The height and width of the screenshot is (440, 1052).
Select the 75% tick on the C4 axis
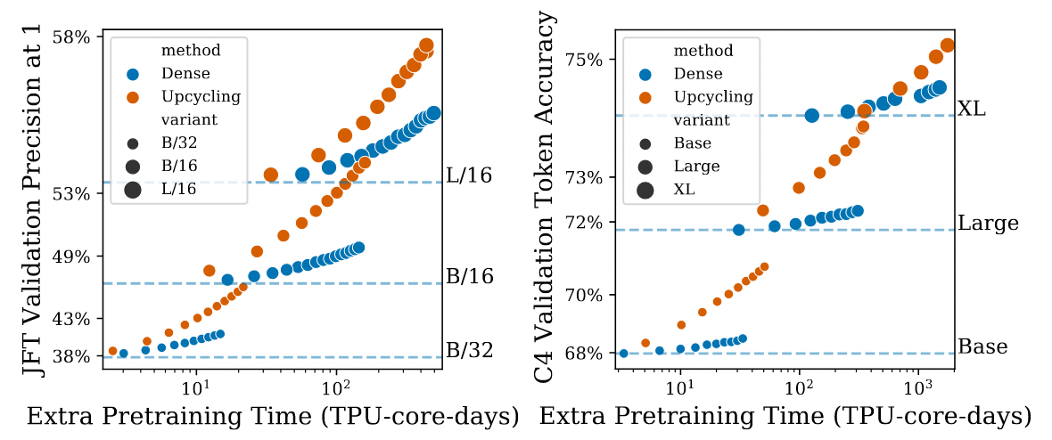(x=586, y=60)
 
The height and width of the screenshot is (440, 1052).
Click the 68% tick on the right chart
(x=586, y=354)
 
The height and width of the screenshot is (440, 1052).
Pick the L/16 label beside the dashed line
(x=468, y=176)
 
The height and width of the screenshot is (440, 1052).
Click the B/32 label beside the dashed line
(x=468, y=349)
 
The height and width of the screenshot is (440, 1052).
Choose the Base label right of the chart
(x=982, y=346)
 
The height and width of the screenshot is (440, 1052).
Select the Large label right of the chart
(x=988, y=223)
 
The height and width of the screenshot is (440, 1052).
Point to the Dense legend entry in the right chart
(x=698, y=74)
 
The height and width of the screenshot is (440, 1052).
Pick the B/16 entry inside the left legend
(x=179, y=166)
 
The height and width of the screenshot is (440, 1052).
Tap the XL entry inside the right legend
(x=684, y=189)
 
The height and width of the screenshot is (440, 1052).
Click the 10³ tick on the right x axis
(x=918, y=388)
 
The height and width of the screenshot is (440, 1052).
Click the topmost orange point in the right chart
(x=948, y=45)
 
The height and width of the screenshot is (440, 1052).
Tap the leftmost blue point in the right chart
(x=623, y=354)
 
